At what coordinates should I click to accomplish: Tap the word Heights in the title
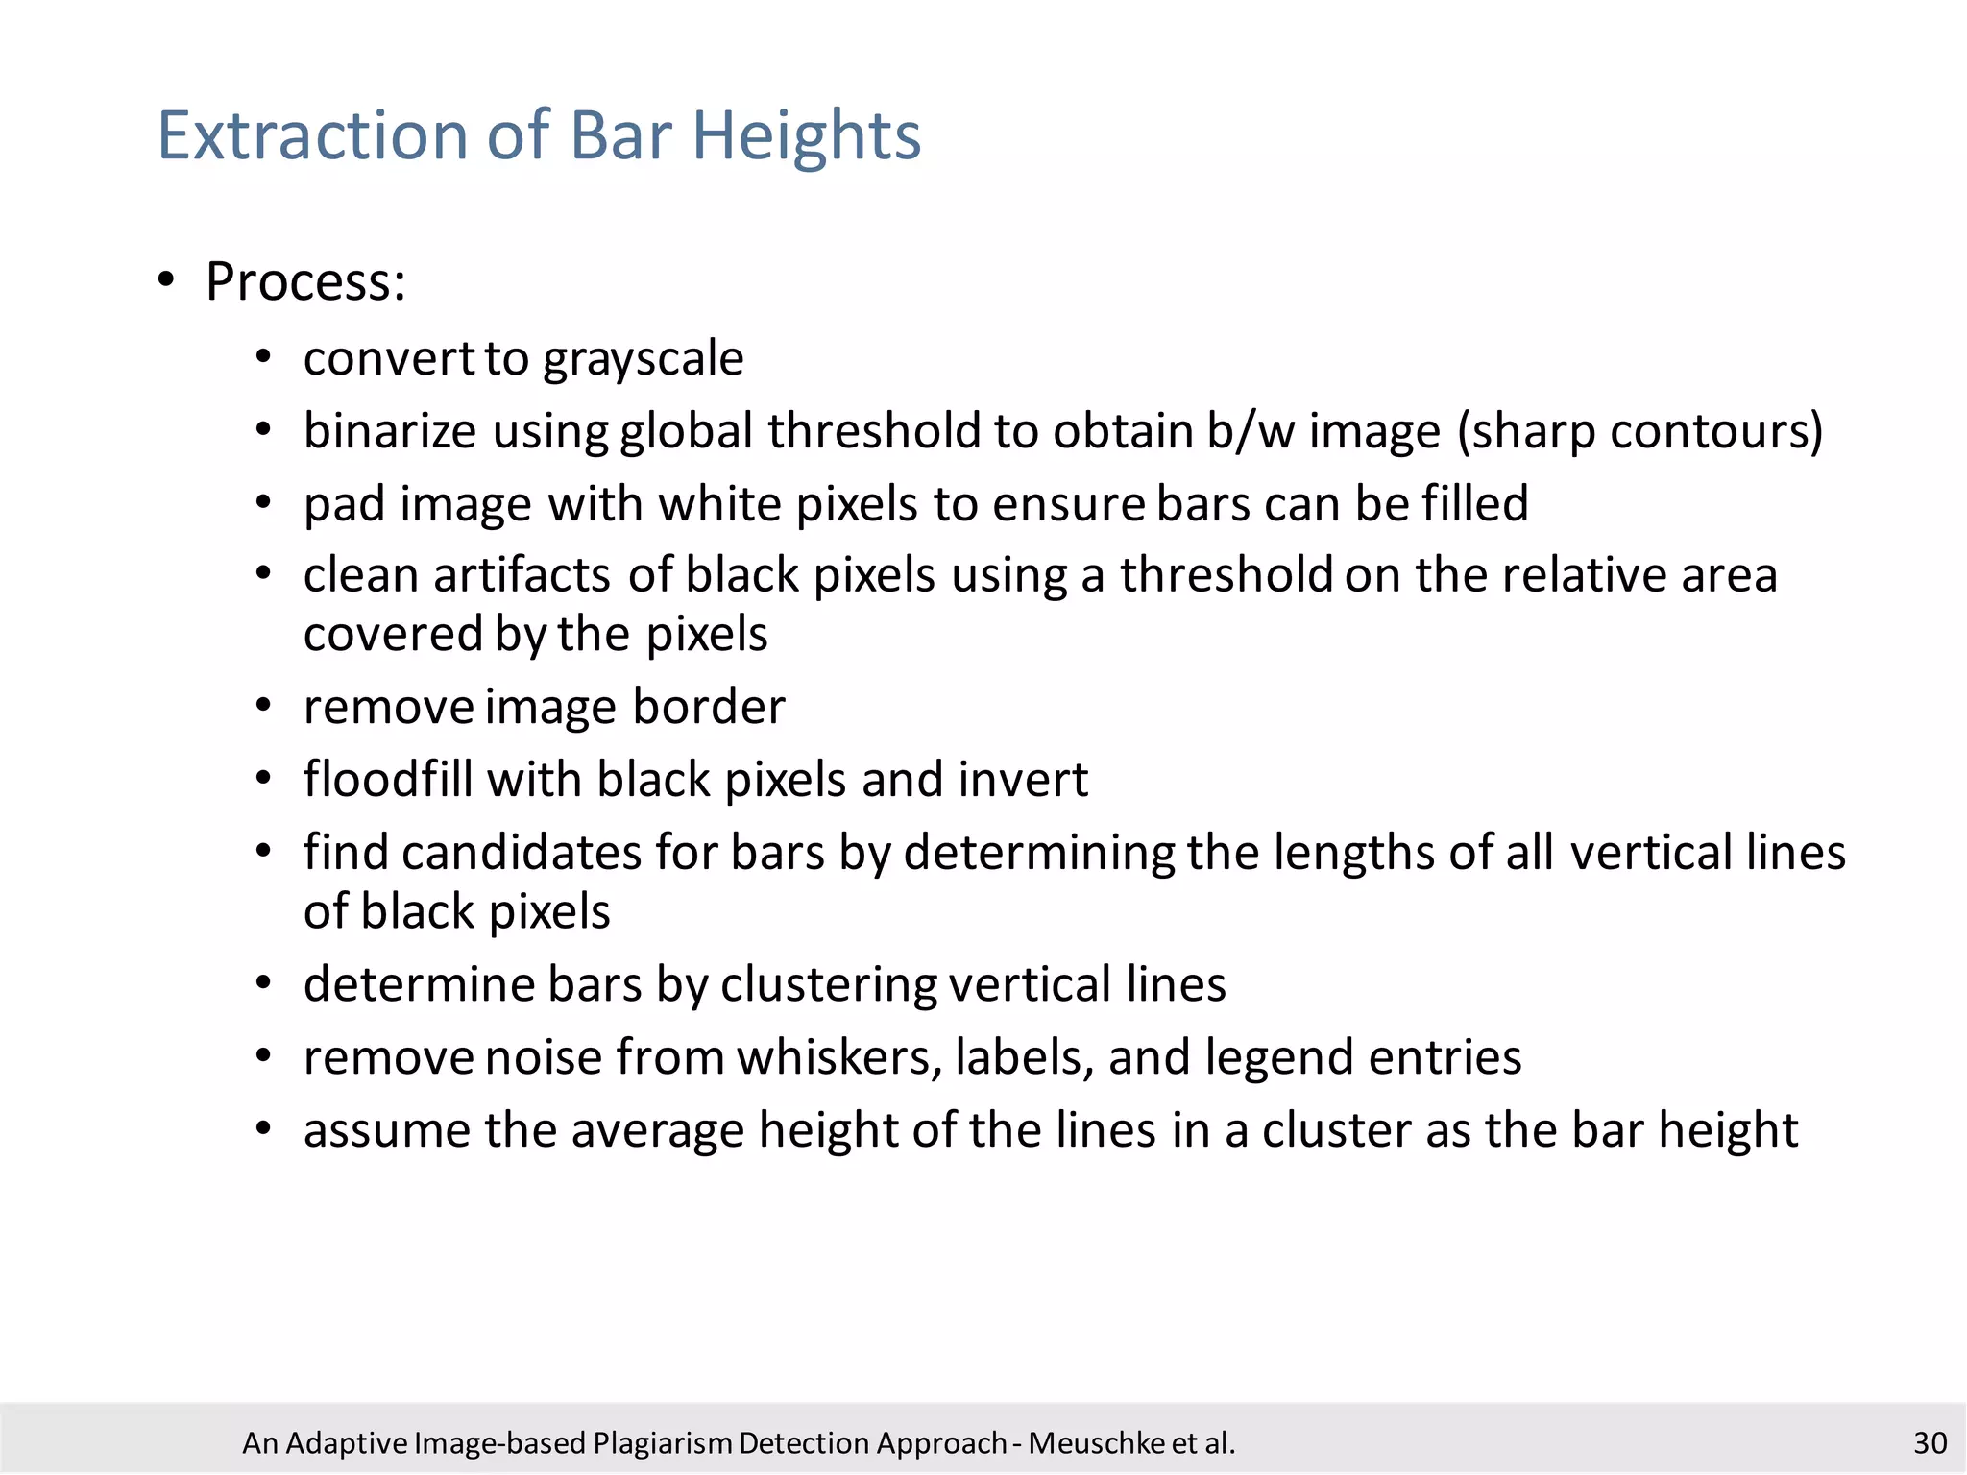806,137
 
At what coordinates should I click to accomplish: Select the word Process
304,282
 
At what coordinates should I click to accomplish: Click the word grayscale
643,360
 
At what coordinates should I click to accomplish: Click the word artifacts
522,576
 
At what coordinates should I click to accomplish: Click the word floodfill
388,779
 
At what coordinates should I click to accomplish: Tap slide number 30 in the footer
1930,1443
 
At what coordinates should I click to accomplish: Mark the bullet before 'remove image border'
264,707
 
